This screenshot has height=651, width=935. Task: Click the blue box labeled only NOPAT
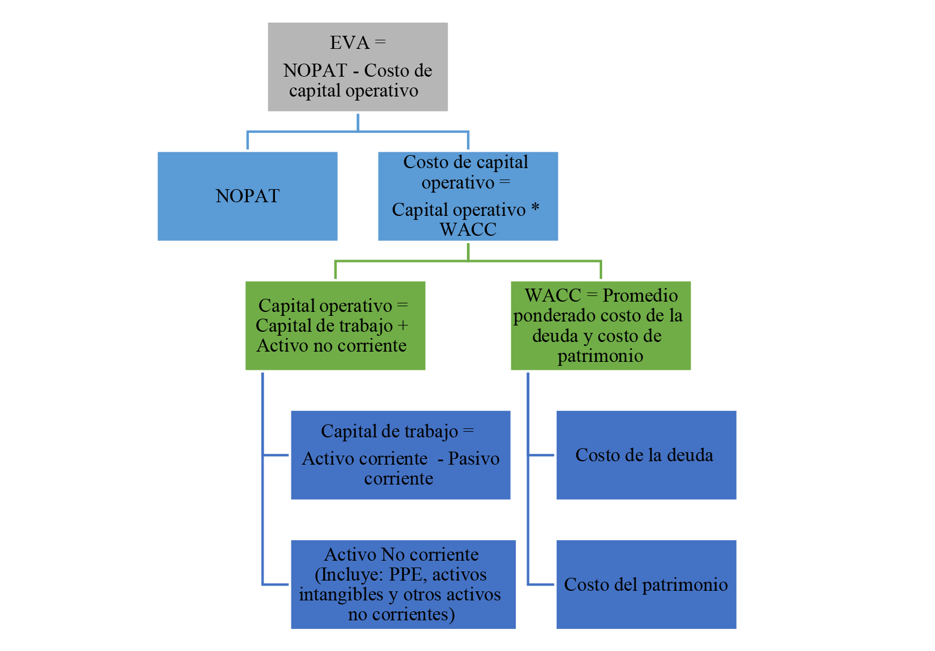[248, 196]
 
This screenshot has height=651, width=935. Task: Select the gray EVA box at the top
[358, 67]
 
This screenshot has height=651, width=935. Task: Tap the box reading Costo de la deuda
[646, 455]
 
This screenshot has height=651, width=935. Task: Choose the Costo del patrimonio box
[646, 584]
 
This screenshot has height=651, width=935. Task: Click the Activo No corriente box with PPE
[403, 584]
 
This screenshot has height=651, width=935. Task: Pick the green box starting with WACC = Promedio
[600, 325]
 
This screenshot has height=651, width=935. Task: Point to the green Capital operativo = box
[335, 325]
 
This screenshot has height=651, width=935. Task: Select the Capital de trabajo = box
[400, 455]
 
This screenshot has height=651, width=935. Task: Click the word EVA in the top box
[350, 43]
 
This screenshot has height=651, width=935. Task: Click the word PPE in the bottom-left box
[407, 575]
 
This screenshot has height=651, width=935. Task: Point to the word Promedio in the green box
[640, 295]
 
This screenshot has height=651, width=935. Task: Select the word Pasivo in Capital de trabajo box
[474, 458]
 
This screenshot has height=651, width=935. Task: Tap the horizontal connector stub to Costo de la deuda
[541, 455]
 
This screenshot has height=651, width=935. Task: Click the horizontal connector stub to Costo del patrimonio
[541, 584]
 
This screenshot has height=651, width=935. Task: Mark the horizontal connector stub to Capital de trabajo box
[276, 455]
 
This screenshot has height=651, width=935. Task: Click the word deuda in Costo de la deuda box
[690, 455]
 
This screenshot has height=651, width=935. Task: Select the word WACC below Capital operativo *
[468, 229]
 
